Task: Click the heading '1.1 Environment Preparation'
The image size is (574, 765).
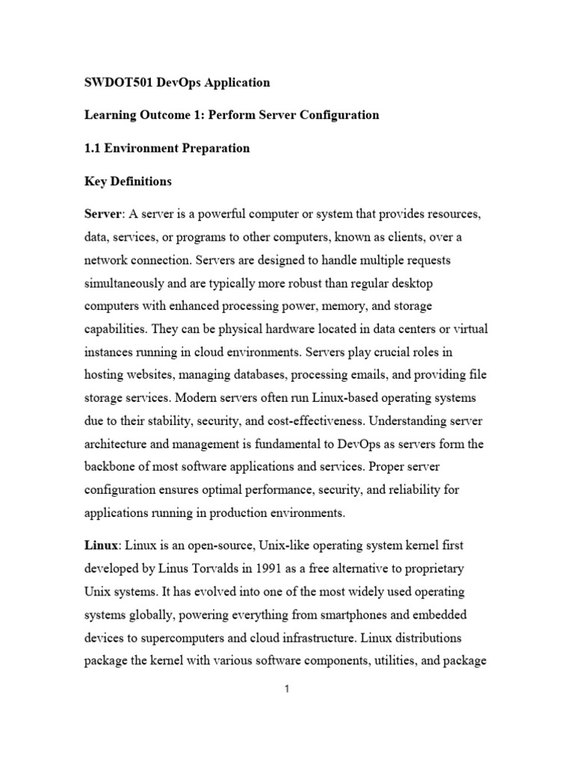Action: coord(167,148)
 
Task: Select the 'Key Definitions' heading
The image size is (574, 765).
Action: coord(128,181)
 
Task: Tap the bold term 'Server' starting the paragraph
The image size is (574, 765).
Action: coord(103,214)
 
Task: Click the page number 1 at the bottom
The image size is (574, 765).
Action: coord(286,690)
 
